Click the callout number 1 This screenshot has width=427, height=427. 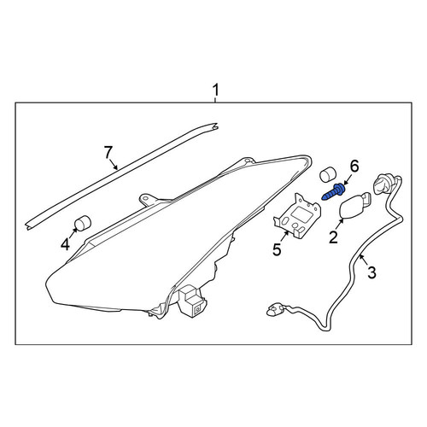pos(216,90)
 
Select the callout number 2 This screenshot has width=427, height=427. pos(333,237)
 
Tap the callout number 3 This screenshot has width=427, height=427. pos(371,272)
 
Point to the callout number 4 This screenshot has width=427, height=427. pos(65,244)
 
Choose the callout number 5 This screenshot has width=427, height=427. pos(277,249)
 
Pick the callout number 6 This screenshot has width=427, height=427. pos(354,167)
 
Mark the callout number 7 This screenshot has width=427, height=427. pos(108,153)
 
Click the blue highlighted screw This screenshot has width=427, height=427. pos(334,192)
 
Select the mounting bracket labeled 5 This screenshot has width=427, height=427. pos(297,215)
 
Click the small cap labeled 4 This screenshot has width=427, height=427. pos(82,222)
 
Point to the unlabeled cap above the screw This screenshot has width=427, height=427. pos(328,174)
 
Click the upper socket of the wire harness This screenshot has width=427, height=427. pos(383,183)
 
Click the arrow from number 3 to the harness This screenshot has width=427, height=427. pos(363,259)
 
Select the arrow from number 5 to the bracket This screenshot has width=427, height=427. pos(284,237)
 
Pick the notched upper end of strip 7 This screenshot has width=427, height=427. pos(215,126)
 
